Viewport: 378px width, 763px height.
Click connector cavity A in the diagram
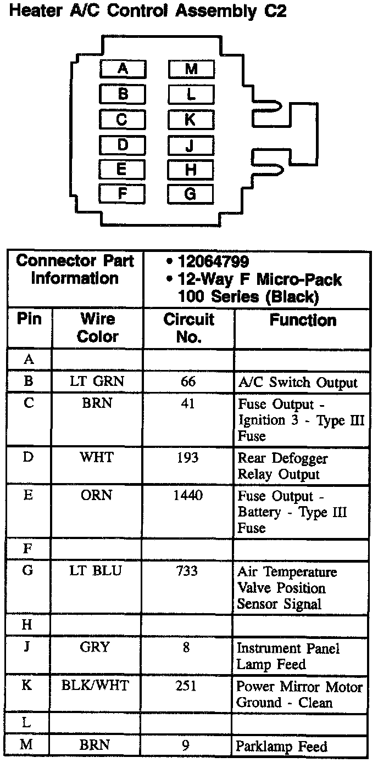coord(123,69)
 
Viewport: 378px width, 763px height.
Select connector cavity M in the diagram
coord(191,69)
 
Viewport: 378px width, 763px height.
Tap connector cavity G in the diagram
coord(190,194)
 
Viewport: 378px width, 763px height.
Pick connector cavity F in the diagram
coord(123,193)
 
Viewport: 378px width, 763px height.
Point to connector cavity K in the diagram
coord(190,119)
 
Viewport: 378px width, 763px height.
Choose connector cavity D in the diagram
coord(123,145)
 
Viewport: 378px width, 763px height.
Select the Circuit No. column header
coord(188,328)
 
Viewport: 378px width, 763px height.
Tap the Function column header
coord(303,321)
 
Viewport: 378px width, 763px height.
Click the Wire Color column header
coord(97,328)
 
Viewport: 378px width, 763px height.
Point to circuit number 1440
coord(188,496)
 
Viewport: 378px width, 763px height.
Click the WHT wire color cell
coord(97,457)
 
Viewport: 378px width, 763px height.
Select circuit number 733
coord(187,571)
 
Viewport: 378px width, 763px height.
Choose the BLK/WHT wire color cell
coord(97,686)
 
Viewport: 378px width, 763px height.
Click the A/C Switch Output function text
coord(297,383)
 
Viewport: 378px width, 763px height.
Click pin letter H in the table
coord(27,625)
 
